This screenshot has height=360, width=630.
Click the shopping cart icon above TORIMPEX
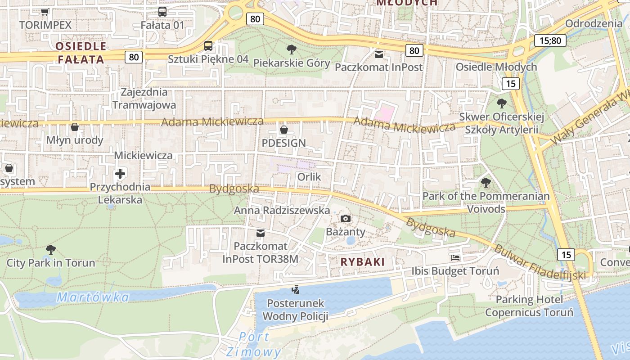[x=45, y=12]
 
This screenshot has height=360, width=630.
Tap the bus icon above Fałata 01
[x=162, y=12]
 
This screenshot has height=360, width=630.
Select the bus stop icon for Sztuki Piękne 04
[x=208, y=45]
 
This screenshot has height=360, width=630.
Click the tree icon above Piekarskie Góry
[x=292, y=49]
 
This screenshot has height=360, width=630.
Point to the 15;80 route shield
[x=550, y=40]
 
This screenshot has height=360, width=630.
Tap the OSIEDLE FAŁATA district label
[x=81, y=53]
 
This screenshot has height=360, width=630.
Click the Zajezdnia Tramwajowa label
[x=144, y=99]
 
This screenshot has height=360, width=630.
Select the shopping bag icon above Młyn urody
[x=75, y=127]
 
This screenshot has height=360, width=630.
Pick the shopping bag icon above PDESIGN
[x=284, y=130]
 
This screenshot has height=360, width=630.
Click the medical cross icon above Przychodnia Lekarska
[x=120, y=173]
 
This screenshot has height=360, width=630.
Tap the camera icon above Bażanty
[x=346, y=219]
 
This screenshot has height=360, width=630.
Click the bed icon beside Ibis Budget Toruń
[x=455, y=258]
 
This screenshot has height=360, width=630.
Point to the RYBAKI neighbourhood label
[x=363, y=262]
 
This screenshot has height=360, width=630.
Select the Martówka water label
[x=93, y=297]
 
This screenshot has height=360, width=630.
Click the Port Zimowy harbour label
[x=254, y=344]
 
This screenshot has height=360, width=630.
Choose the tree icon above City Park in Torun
[x=51, y=249]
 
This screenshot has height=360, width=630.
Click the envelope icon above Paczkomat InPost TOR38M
[x=261, y=233]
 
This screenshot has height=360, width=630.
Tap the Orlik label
[x=309, y=177]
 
